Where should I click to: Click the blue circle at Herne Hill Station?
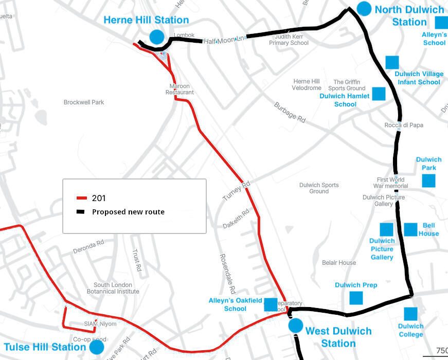156,37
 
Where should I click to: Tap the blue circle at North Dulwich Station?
364,8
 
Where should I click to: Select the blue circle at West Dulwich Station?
295,326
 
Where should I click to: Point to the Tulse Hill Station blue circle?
96,347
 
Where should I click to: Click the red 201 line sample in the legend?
82,198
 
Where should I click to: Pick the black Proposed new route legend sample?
82,212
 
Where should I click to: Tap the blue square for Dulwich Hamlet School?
379,94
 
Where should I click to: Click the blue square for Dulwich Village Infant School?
392,62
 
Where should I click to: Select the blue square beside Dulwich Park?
428,181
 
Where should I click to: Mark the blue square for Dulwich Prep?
356,298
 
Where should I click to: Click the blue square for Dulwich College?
410,314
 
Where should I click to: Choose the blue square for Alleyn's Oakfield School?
271,304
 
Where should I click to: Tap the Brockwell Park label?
84,102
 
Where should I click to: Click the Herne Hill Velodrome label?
307,85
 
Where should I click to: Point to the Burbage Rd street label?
290,112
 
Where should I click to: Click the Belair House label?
339,263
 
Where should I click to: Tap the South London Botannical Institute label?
116,288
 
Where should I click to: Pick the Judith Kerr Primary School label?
289,40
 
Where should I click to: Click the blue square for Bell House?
410,229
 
